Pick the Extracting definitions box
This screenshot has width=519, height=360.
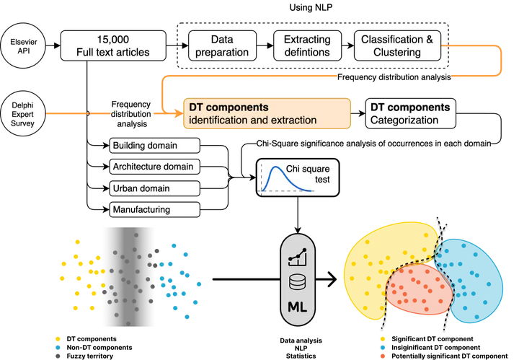pyautogui.click(x=307, y=45)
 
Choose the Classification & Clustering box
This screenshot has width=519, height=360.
pyautogui.click(x=397, y=45)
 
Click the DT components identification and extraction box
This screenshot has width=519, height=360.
pyautogui.click(x=266, y=113)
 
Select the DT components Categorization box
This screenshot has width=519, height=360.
pyautogui.click(x=412, y=113)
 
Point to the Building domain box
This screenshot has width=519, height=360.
pyautogui.click(x=154, y=146)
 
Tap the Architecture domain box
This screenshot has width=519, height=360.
pyautogui.click(x=154, y=167)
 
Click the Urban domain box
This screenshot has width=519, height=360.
pyautogui.click(x=154, y=188)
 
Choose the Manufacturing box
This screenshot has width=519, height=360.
pyautogui.click(x=154, y=209)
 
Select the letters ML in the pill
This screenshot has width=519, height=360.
pyautogui.click(x=298, y=306)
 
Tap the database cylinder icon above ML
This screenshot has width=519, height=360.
pyautogui.click(x=298, y=281)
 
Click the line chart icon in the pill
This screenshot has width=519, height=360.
pyautogui.click(x=298, y=255)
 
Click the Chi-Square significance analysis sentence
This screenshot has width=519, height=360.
pyautogui.click(x=375, y=144)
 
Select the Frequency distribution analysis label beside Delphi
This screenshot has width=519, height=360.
pyautogui.click(x=130, y=114)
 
